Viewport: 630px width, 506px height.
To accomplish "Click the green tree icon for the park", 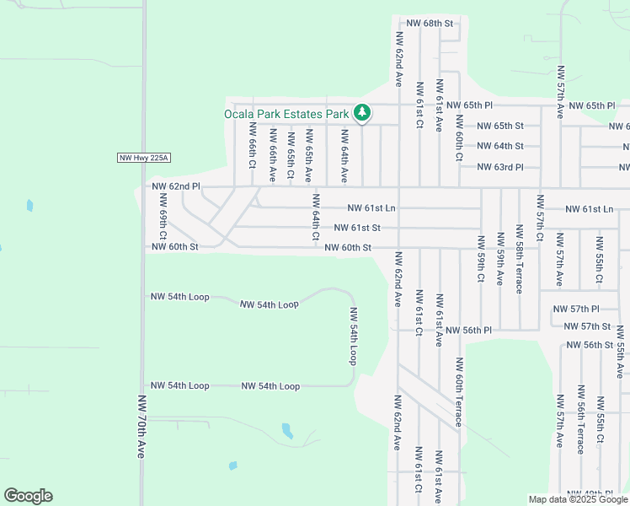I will (362, 112).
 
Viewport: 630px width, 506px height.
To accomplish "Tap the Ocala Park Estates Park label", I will (286, 114).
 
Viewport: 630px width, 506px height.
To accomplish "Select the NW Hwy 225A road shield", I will (144, 158).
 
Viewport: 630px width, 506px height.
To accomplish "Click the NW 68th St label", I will (430, 23).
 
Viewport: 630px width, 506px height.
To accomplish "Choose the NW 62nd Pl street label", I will (176, 186).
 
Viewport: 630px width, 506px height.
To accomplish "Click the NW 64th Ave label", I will (344, 156).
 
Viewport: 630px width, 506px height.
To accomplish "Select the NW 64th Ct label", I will (316, 218).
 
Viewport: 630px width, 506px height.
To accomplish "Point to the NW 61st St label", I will (357, 228).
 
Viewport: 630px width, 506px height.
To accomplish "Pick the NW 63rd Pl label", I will (500, 167).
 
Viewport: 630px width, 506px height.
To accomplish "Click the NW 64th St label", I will (500, 146).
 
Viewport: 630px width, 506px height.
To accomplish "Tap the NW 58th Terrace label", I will (520, 266).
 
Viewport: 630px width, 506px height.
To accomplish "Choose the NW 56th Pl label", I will (469, 331).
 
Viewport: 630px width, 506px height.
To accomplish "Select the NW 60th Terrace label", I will (459, 392).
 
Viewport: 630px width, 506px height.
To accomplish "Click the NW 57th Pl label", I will (576, 310).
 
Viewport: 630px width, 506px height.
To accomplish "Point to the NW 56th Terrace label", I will (580, 419).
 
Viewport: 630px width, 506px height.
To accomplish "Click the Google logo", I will (28, 496).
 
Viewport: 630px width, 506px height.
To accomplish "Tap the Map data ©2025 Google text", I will (578, 499).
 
